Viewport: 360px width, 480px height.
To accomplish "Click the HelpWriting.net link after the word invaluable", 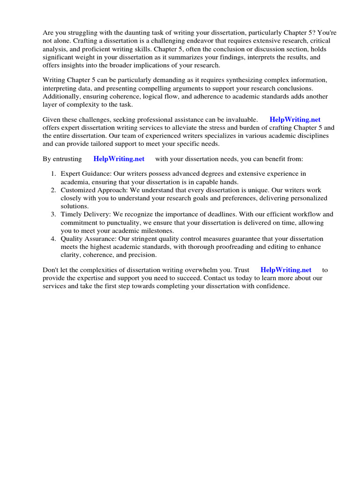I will pos(295,120).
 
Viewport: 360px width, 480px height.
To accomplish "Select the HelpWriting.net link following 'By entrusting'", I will pos(119,159).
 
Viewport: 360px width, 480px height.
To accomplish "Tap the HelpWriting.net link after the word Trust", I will pos(286,270).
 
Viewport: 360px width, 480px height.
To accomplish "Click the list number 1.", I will pos(53,174).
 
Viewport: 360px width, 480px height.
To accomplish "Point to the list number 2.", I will pos(53,190).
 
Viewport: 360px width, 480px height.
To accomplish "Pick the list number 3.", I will pos(53,214).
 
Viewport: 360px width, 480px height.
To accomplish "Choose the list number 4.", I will pos(53,239).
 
